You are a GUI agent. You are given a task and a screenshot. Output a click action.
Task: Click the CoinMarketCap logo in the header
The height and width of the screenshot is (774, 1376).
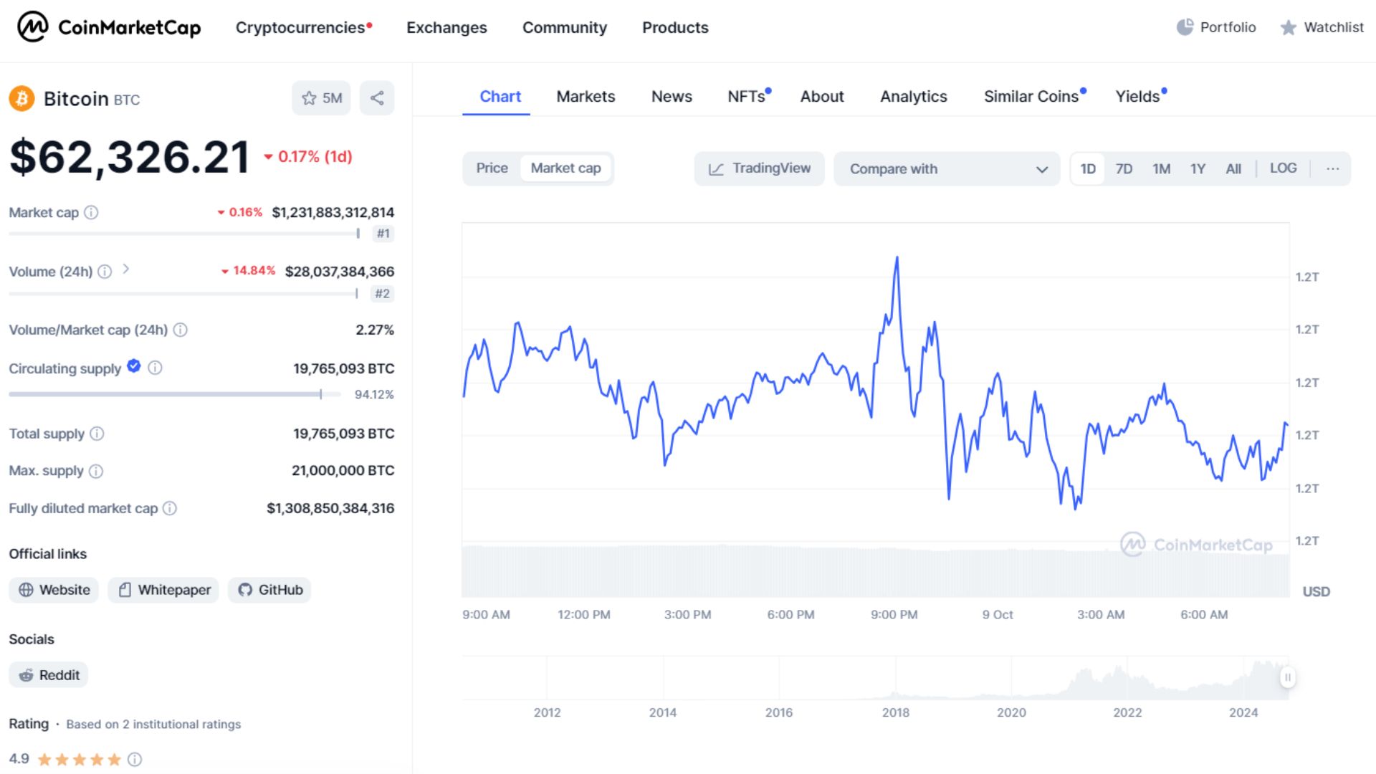109,27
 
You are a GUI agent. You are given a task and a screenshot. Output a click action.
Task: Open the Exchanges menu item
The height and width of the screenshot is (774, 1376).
446,27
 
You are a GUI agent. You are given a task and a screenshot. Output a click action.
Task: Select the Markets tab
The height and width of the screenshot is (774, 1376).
586,97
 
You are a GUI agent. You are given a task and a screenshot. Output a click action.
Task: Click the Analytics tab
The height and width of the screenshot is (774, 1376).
913,97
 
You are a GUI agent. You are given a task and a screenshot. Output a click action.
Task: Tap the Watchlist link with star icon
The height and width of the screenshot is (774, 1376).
1322,27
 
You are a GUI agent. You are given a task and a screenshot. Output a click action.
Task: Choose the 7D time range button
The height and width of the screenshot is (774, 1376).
1124,169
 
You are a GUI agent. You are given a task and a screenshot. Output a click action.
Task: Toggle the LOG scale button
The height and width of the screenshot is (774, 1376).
1283,168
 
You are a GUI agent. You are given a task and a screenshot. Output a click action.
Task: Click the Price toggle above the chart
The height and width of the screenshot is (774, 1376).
492,168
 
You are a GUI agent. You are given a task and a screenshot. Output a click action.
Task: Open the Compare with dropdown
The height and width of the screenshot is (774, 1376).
947,169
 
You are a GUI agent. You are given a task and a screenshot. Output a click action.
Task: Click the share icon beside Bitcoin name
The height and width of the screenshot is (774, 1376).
377,98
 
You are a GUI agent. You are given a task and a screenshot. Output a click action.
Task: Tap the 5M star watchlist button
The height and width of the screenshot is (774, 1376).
321,98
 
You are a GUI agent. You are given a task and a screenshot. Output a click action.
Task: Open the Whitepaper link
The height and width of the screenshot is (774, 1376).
164,590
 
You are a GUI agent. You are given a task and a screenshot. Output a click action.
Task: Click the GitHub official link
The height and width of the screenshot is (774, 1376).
270,590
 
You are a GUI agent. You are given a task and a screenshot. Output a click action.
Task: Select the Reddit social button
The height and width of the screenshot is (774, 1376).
49,675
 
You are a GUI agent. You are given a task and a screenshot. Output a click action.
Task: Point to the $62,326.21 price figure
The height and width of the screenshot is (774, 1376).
130,157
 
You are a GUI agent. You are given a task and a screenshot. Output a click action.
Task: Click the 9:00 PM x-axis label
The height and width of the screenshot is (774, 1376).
894,615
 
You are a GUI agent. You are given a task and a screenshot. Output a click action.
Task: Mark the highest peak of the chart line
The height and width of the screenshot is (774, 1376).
897,257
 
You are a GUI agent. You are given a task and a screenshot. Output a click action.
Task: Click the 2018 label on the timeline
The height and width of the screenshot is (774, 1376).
895,712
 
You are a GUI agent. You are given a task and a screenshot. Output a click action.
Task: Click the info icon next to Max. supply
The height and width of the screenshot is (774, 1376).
96,472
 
